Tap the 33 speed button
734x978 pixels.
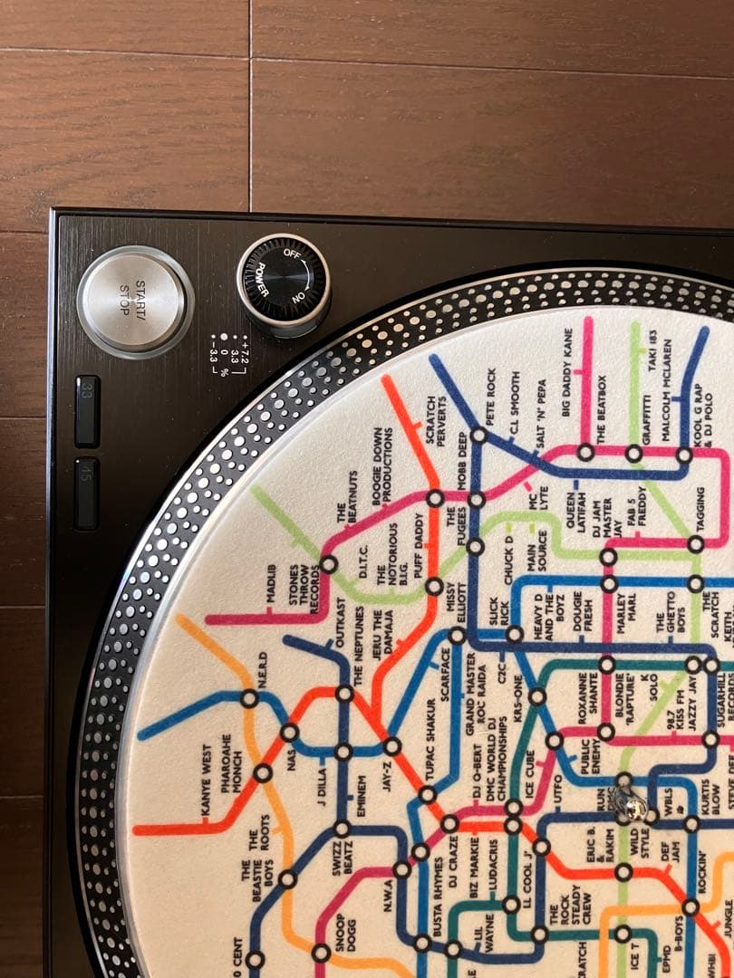tap(87, 410)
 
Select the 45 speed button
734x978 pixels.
tap(86, 493)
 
